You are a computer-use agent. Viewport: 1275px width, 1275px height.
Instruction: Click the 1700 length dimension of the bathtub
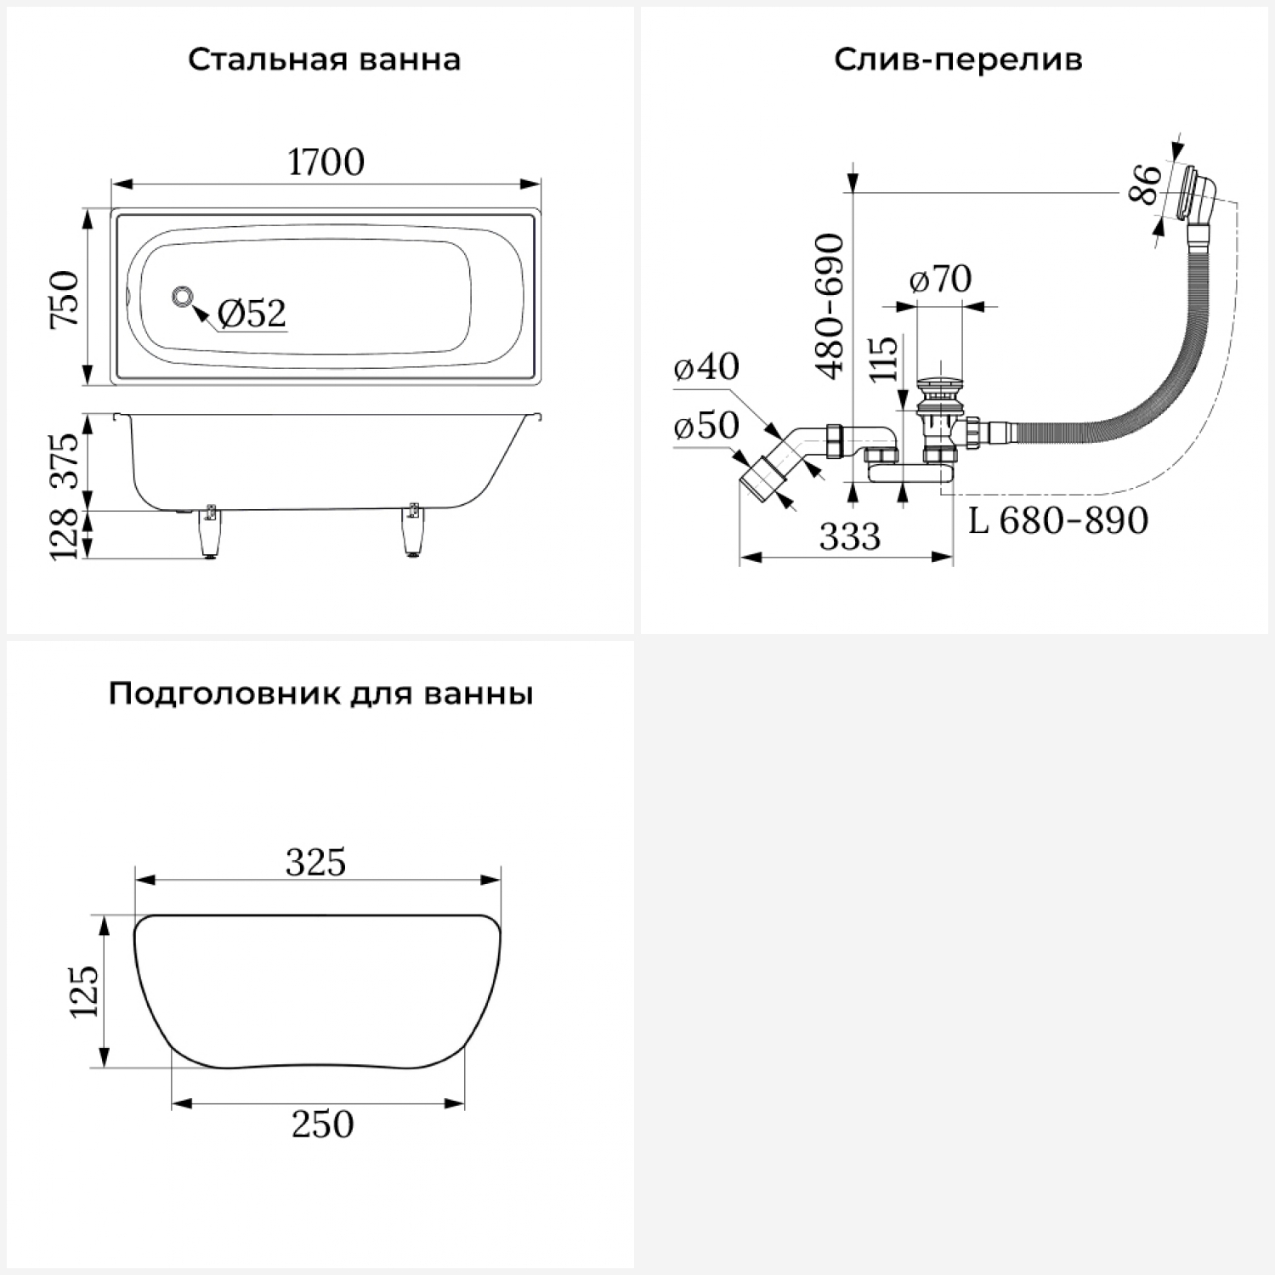[x=326, y=161]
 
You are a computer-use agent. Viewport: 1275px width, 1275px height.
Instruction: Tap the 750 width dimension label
[x=65, y=298]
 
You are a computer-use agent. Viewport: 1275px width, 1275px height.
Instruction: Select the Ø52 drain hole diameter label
[x=252, y=314]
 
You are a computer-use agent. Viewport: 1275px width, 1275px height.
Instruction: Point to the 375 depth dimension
[x=65, y=461]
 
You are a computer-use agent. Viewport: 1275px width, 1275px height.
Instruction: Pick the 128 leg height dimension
[x=65, y=534]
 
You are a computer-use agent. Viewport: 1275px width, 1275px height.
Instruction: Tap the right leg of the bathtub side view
[x=413, y=534]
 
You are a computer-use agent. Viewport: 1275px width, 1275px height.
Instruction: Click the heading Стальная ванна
[x=324, y=60]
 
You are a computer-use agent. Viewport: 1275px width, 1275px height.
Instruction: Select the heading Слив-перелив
[x=958, y=60]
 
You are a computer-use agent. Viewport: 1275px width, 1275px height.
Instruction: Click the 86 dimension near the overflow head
[x=1146, y=185]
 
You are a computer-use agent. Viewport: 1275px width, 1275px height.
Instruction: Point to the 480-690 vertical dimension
[x=830, y=306]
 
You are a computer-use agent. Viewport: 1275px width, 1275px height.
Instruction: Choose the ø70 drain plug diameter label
[x=940, y=279]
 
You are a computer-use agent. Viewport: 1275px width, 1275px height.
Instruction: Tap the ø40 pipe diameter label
[x=705, y=366]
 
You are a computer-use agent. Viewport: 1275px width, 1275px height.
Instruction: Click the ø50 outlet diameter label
[x=705, y=425]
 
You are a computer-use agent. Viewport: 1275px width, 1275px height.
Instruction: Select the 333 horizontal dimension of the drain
[x=850, y=536]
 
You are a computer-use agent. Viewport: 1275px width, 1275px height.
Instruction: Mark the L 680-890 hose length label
[x=1058, y=520]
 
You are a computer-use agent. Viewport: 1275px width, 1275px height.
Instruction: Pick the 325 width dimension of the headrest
[x=316, y=863]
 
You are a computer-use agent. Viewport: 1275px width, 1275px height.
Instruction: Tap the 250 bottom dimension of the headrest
[x=322, y=1125]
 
